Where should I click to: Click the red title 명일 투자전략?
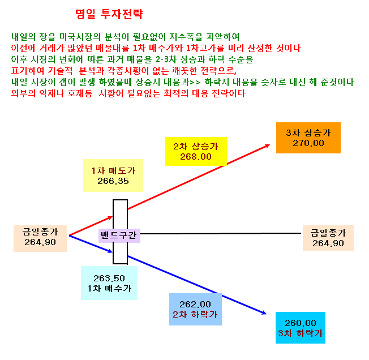tap(109, 14)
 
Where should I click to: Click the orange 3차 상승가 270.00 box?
tap(308, 138)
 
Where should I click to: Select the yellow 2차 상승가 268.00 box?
tap(196, 151)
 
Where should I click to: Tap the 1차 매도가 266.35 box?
tap(113, 175)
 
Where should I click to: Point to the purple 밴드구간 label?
tap(119, 235)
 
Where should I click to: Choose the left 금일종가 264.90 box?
tap(40, 239)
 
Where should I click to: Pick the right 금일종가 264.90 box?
tap(328, 238)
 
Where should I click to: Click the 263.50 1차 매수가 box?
tap(109, 283)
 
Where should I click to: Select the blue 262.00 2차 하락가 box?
tap(195, 310)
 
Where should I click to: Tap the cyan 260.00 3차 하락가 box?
tap(301, 328)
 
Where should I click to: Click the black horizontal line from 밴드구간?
tap(221, 234)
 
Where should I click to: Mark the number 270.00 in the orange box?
tap(308, 143)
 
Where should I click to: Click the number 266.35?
tap(113, 181)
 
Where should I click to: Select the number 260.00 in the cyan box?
tap(301, 323)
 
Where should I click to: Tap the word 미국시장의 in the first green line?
tap(80, 37)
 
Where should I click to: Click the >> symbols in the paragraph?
tap(195, 82)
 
